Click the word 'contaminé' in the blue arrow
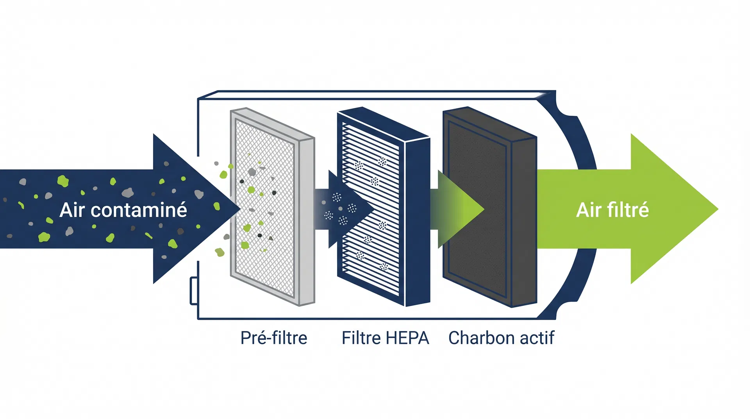(139, 210)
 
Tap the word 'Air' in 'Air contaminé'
(72, 210)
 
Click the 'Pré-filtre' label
(273, 338)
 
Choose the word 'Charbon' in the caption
(481, 338)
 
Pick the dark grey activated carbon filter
(477, 207)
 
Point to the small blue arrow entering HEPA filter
(344, 209)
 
